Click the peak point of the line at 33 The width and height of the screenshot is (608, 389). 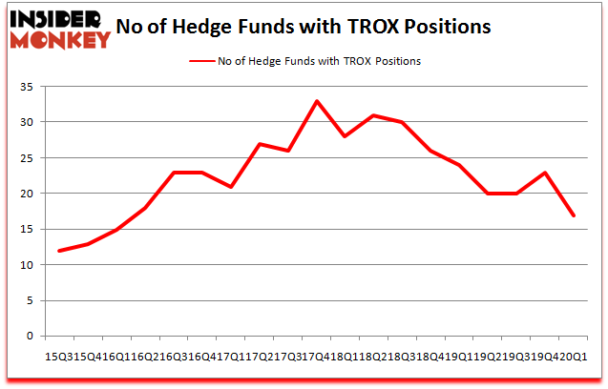pyautogui.click(x=316, y=101)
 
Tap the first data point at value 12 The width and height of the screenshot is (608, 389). pyautogui.click(x=59, y=251)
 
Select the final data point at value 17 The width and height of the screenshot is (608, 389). pyautogui.click(x=574, y=215)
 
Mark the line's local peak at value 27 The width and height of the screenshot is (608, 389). pyautogui.click(x=260, y=144)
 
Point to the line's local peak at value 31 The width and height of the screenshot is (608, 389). pyautogui.click(x=374, y=115)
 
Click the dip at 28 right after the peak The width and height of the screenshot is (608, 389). pyautogui.click(x=345, y=136)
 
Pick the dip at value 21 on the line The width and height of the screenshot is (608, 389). pyautogui.click(x=231, y=187)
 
